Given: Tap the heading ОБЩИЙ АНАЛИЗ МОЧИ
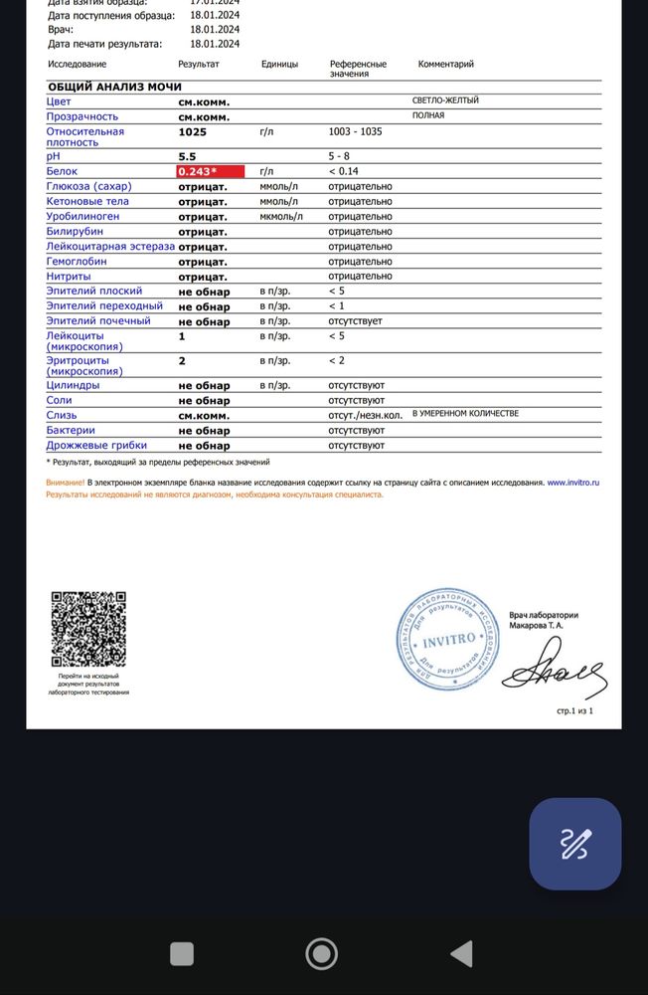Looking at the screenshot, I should (x=114, y=87).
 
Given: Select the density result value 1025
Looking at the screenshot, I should (x=193, y=131).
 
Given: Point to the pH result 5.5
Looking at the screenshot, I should (x=187, y=156).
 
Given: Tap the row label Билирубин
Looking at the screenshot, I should (x=75, y=231).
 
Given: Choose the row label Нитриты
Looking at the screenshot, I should (x=69, y=276).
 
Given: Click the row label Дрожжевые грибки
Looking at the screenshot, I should (x=96, y=445).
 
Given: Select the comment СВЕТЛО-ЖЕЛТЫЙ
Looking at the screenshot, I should (x=445, y=100).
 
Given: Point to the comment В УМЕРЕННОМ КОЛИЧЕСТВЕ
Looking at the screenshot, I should (x=465, y=413).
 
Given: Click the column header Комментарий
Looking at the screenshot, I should (x=445, y=64).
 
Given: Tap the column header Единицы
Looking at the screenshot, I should (x=278, y=64).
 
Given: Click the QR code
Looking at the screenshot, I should (x=88, y=629).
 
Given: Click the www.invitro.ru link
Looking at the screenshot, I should (x=573, y=482).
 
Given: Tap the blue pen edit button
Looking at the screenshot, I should (x=575, y=844).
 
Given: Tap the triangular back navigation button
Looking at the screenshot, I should (x=461, y=954).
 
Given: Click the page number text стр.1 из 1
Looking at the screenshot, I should (x=574, y=712).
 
